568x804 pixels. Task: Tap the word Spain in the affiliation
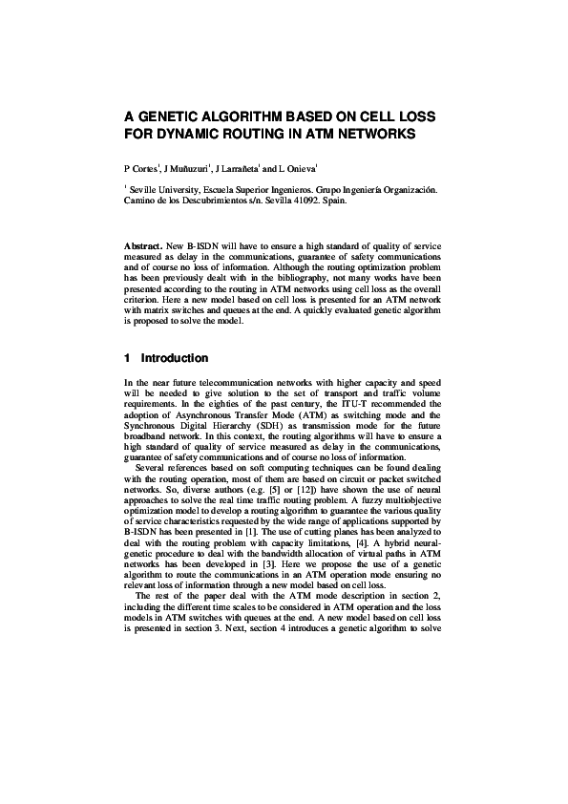pyautogui.click(x=347, y=201)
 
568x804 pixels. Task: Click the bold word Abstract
pyautogui.click(x=143, y=245)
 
